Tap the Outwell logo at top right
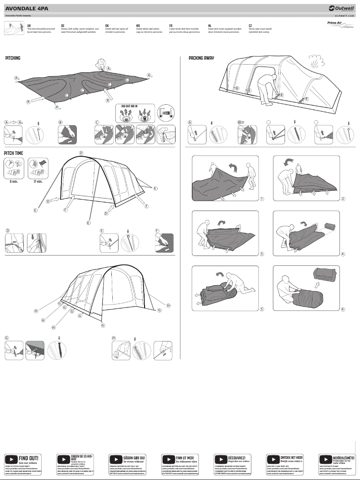tap(341, 8)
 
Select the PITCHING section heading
tap(13, 58)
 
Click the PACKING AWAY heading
tap(201, 58)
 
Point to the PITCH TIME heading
tap(14, 153)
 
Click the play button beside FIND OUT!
tap(11, 459)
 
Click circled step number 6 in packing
tap(342, 309)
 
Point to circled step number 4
tap(342, 254)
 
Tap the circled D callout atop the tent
tap(81, 153)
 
